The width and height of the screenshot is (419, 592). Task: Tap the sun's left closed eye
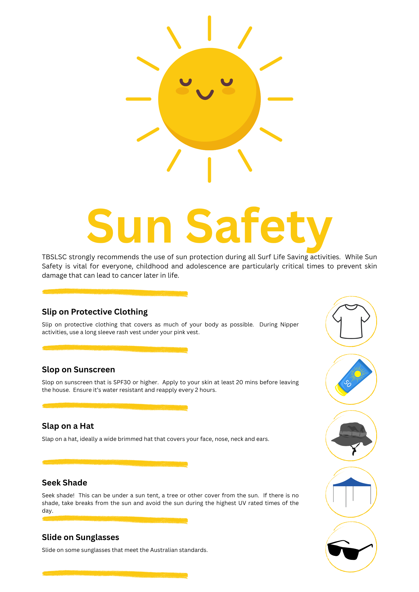[x=186, y=83]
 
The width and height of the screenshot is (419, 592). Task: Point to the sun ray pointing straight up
[x=209, y=28]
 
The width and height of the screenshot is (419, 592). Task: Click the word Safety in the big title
[x=259, y=227]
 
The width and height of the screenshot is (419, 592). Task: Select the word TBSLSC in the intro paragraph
[x=54, y=257]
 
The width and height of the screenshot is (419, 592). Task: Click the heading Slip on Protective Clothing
[x=95, y=312]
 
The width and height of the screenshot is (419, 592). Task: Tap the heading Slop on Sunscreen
[x=78, y=370]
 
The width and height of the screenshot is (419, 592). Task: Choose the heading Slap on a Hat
[x=68, y=426]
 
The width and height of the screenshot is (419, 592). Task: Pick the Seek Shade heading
[x=64, y=483]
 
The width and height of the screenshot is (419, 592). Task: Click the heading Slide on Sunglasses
[x=81, y=537]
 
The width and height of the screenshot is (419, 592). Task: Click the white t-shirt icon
[x=351, y=321]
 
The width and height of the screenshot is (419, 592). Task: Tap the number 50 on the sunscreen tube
[x=347, y=383]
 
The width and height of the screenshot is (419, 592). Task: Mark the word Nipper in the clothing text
[x=289, y=325]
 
